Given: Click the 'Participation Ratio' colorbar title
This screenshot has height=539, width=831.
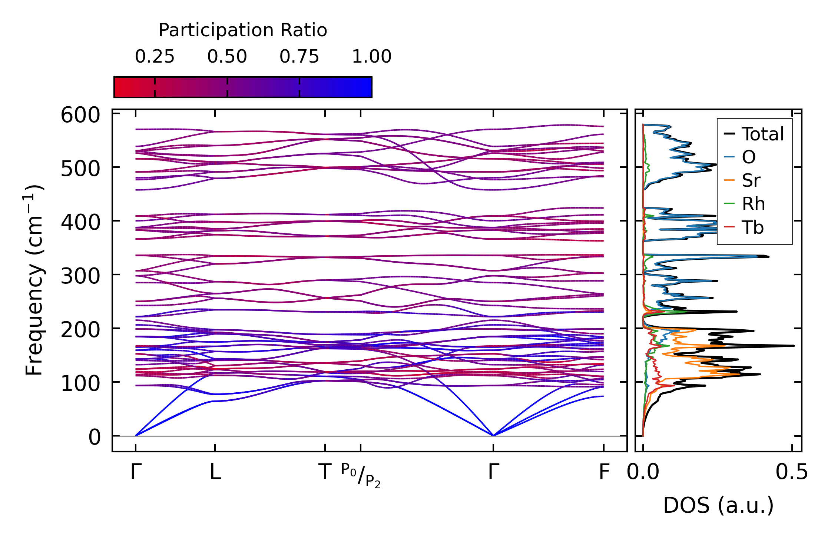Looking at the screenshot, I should coord(243,30).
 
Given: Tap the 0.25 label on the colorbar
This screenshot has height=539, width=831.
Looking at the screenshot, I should coord(155,57).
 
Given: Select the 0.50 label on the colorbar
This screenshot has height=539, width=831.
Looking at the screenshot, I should coord(227,57).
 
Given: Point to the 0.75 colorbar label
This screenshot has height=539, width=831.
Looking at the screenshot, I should coord(299,57).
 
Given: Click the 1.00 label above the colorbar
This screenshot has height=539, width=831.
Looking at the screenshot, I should coord(371,57).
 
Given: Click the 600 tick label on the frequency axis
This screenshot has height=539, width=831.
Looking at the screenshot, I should coord(80,115).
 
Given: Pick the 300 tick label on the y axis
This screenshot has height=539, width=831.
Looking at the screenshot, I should coord(80,276).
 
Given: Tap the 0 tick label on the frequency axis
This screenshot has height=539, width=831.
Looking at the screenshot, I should coord(94,437).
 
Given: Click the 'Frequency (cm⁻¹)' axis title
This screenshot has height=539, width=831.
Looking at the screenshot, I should coord(34,280).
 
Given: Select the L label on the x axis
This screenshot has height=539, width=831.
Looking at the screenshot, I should coord(215,472).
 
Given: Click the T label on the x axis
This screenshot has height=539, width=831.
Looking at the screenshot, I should coord(325,472).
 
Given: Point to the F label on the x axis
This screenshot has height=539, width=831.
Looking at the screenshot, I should coord(604,472).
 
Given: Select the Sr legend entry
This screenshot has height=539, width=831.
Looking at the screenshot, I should coord(751,181).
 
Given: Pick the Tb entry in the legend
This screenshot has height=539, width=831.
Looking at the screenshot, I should coord(752,227).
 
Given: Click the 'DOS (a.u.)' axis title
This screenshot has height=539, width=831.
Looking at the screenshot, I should coord(718,505).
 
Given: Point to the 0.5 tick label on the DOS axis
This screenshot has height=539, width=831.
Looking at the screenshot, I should coord(792,472).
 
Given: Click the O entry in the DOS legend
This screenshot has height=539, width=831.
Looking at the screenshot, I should coord(748,157).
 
